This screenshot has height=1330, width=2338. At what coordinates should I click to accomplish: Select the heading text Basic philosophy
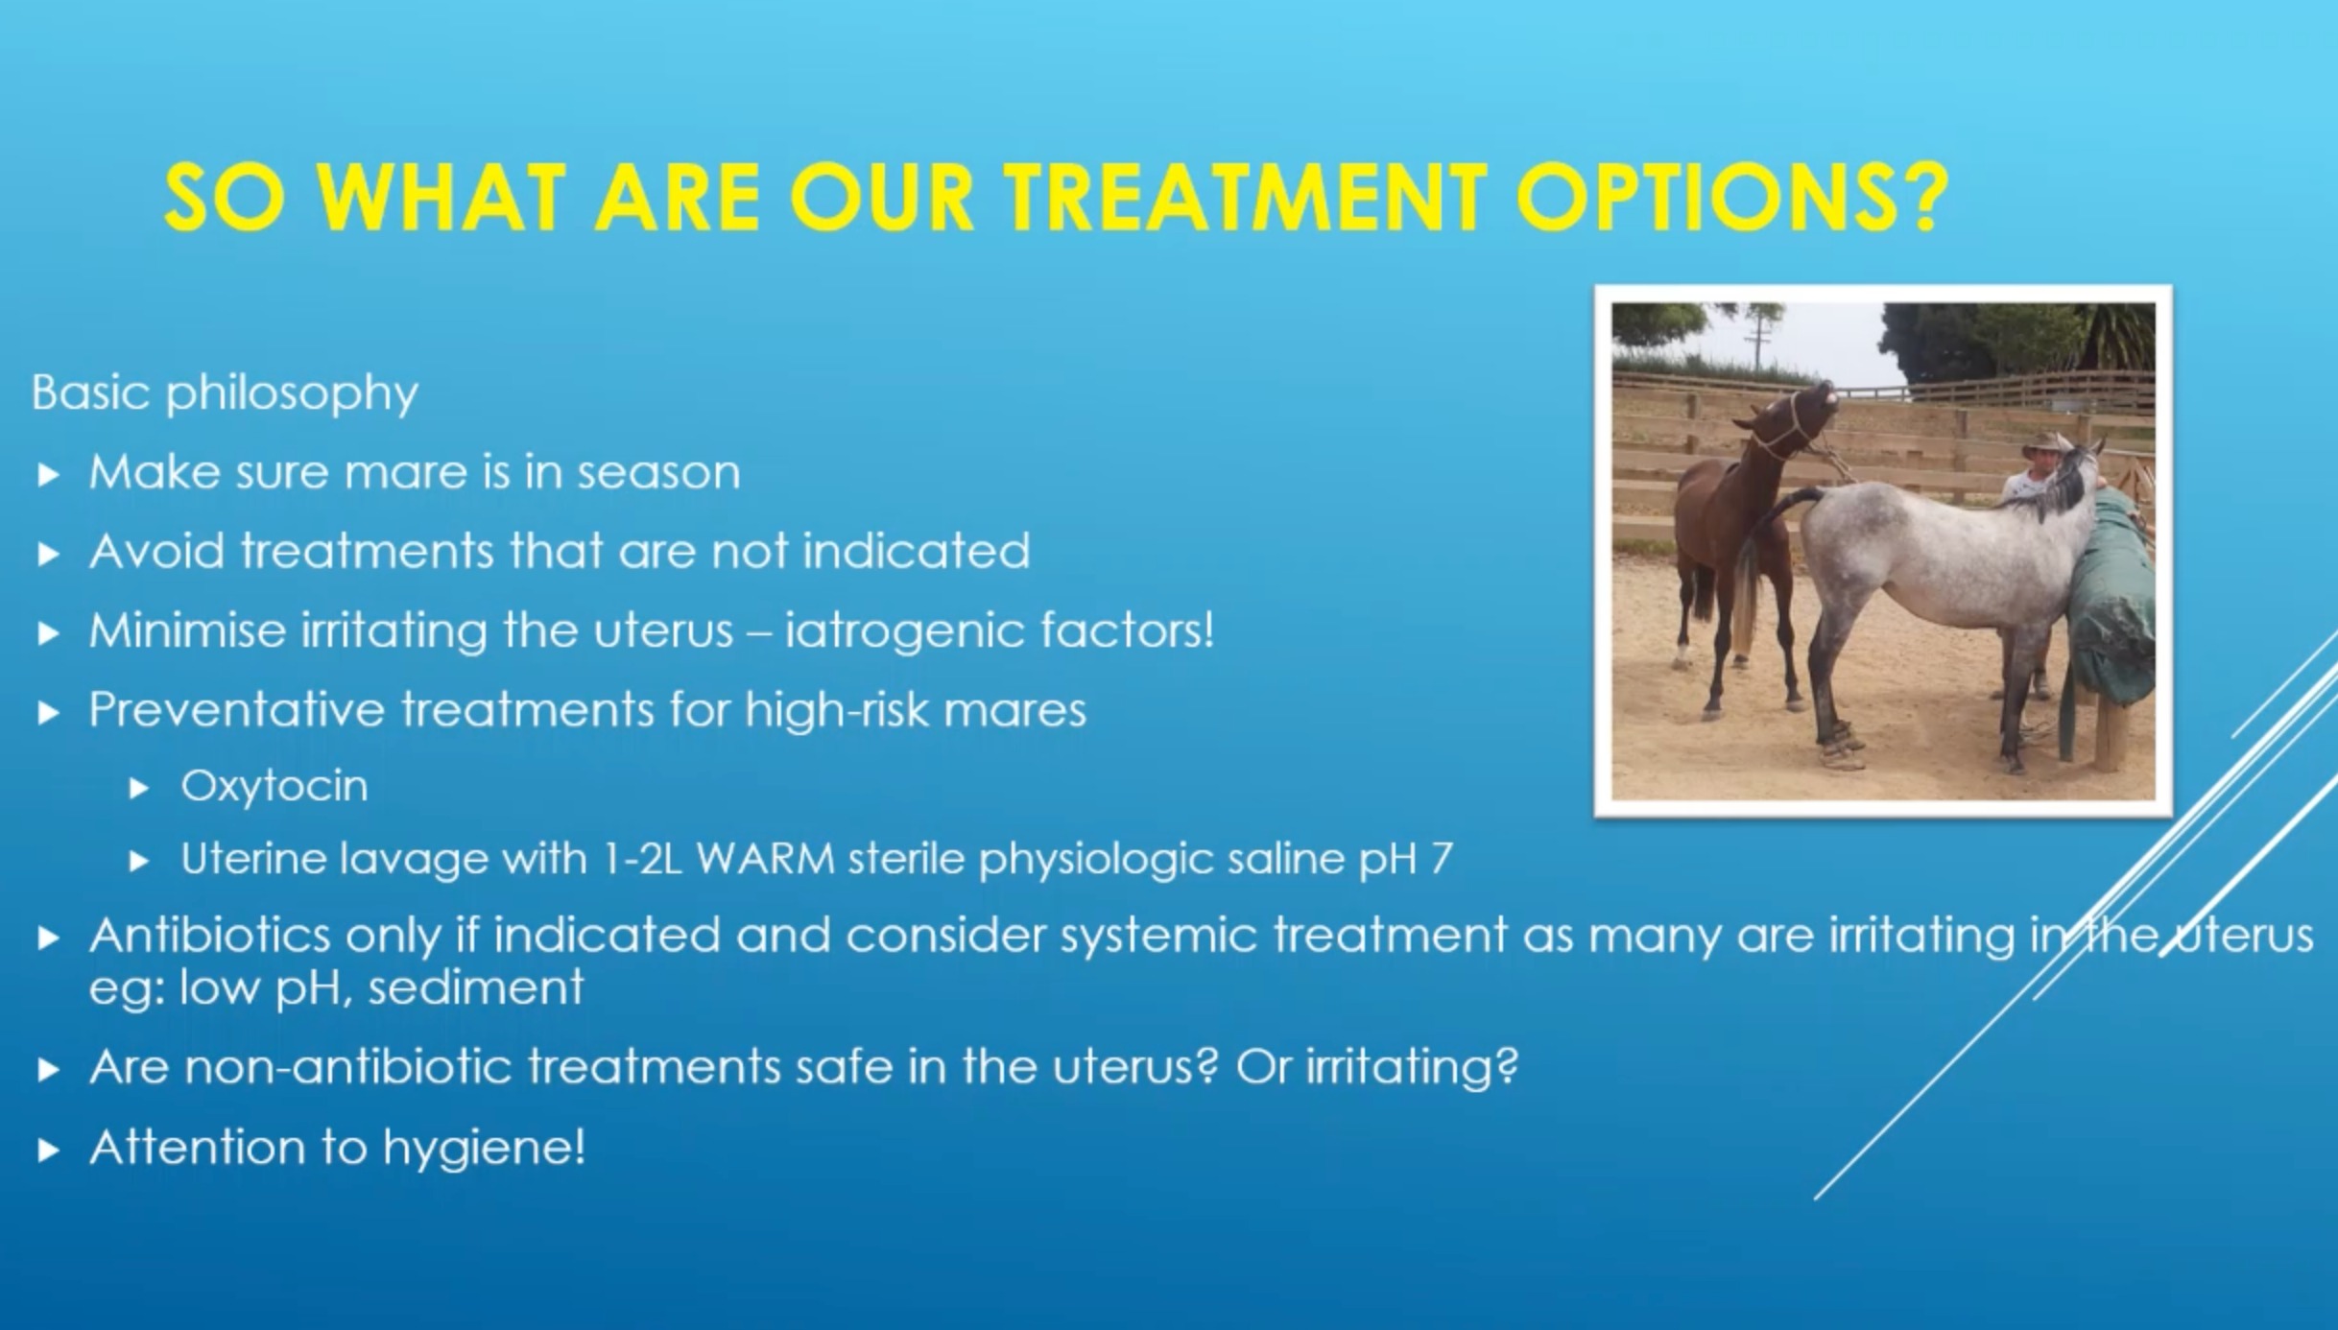point(225,393)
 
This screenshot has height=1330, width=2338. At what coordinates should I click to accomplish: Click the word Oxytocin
point(274,787)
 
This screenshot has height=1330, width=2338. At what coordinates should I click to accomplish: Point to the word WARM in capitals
point(765,859)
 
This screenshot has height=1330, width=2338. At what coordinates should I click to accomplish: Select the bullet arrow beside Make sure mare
point(48,474)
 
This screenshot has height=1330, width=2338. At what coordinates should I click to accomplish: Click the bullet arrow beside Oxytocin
point(140,789)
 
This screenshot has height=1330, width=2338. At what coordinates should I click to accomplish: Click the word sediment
point(475,987)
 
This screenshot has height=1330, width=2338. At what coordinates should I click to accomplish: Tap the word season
point(658,473)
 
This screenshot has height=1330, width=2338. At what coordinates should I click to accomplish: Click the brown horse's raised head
point(1804,408)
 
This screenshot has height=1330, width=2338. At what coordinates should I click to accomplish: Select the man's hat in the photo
point(2044,444)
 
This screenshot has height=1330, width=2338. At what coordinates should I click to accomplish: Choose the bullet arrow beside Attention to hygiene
point(48,1151)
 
